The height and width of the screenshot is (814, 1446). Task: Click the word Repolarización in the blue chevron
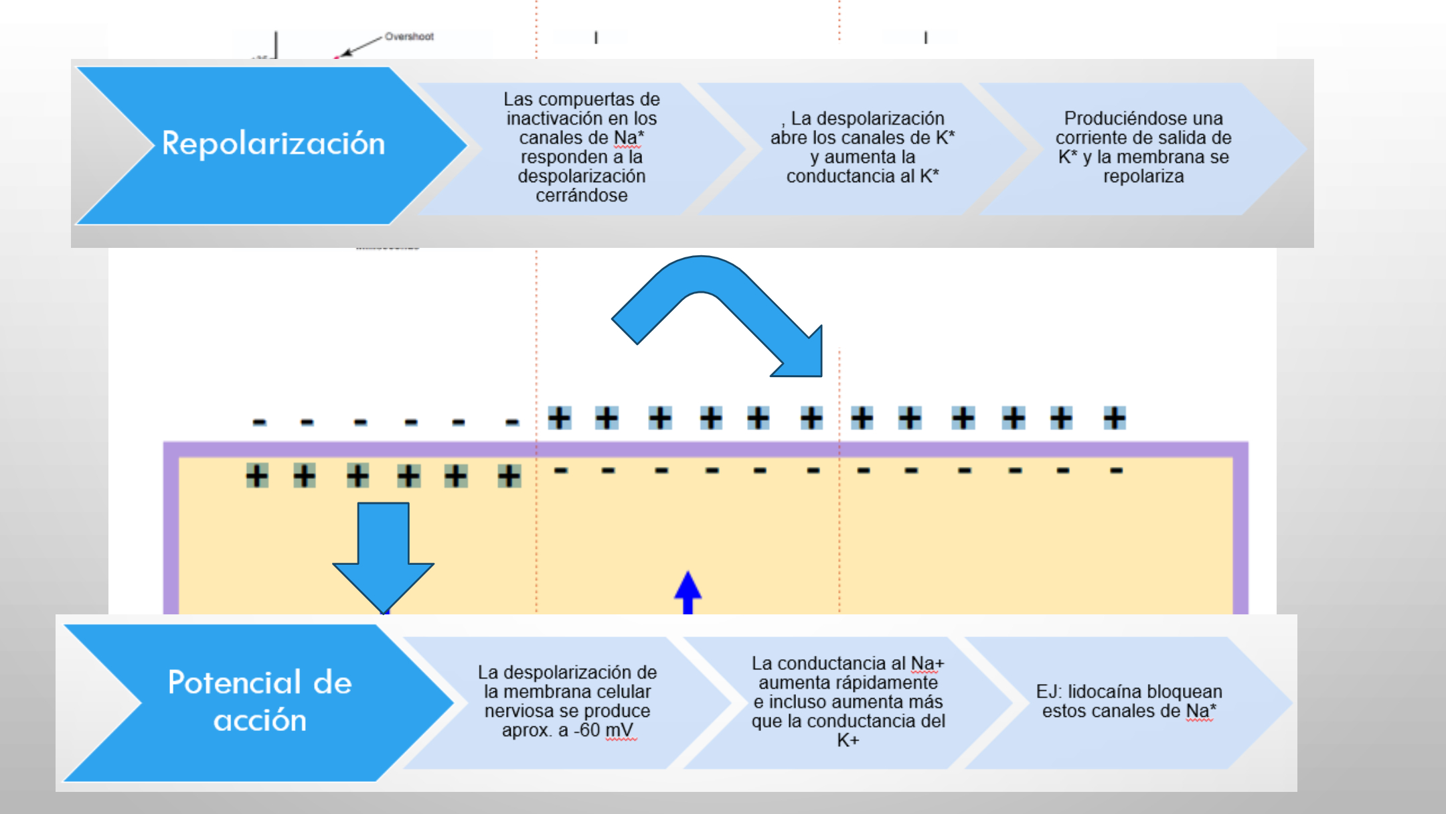[274, 144]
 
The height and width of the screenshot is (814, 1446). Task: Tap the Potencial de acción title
[260, 701]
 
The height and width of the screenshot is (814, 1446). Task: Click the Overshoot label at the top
[409, 36]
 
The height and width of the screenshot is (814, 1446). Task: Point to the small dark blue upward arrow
[688, 592]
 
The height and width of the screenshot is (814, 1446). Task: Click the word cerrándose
[582, 196]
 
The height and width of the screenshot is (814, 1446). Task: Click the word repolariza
[1143, 177]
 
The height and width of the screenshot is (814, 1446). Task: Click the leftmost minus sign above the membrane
[260, 422]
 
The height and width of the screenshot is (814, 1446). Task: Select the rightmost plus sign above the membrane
[1115, 418]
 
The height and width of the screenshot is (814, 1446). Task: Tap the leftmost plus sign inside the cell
[257, 476]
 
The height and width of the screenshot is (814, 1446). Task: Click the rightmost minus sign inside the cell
[1116, 470]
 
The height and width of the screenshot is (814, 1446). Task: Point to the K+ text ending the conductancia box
[848, 740]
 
